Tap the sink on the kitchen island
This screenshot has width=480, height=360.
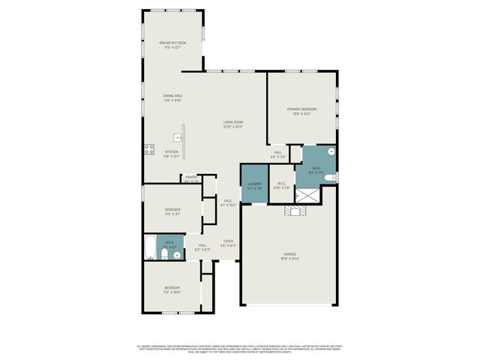point(177,138)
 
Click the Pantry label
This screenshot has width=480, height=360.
point(191,178)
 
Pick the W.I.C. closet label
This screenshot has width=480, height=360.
point(281,185)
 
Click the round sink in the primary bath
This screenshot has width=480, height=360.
point(330,151)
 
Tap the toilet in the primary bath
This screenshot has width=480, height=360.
point(331,178)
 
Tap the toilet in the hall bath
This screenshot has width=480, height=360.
point(163,256)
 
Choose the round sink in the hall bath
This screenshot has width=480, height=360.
point(177,255)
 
